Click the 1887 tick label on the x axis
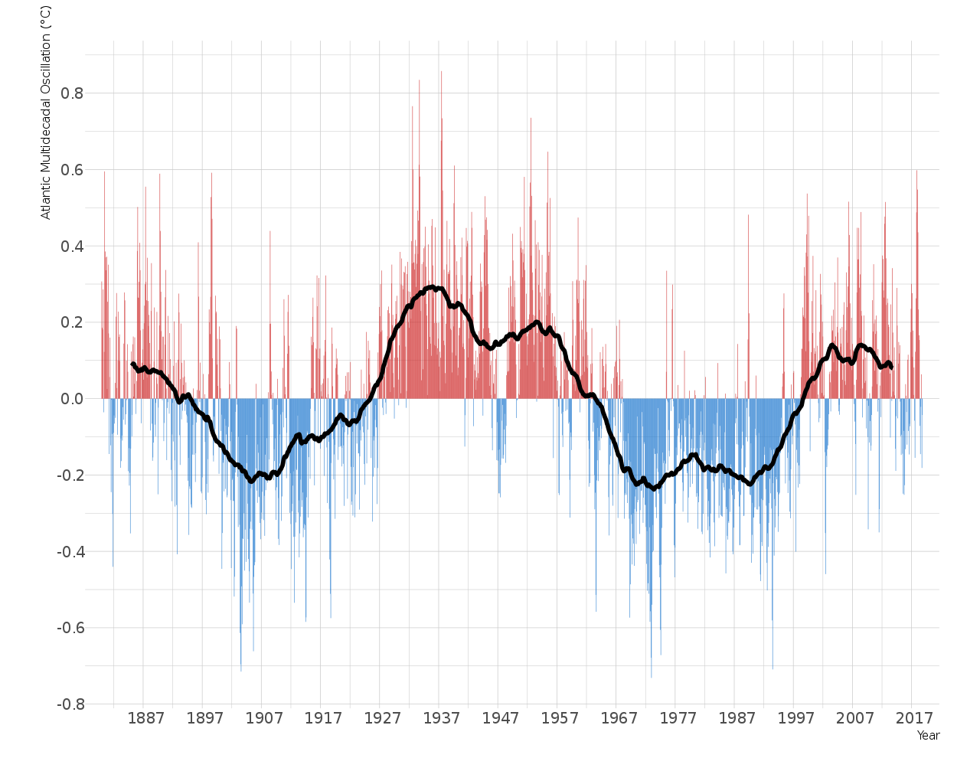145,718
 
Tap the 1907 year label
264,718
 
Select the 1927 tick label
382,718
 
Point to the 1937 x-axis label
442,718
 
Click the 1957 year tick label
560,718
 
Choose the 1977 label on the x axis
678,718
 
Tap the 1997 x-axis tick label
796,718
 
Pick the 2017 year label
914,718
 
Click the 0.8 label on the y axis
72,93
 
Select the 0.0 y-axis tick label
72,399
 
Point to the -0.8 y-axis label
70,704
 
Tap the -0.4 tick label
70,552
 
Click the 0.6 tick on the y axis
72,170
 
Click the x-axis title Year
928,736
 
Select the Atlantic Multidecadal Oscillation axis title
46,113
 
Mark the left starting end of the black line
132,364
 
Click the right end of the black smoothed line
891,367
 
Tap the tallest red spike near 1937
441,73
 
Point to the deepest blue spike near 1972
652,676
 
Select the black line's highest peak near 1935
433,287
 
